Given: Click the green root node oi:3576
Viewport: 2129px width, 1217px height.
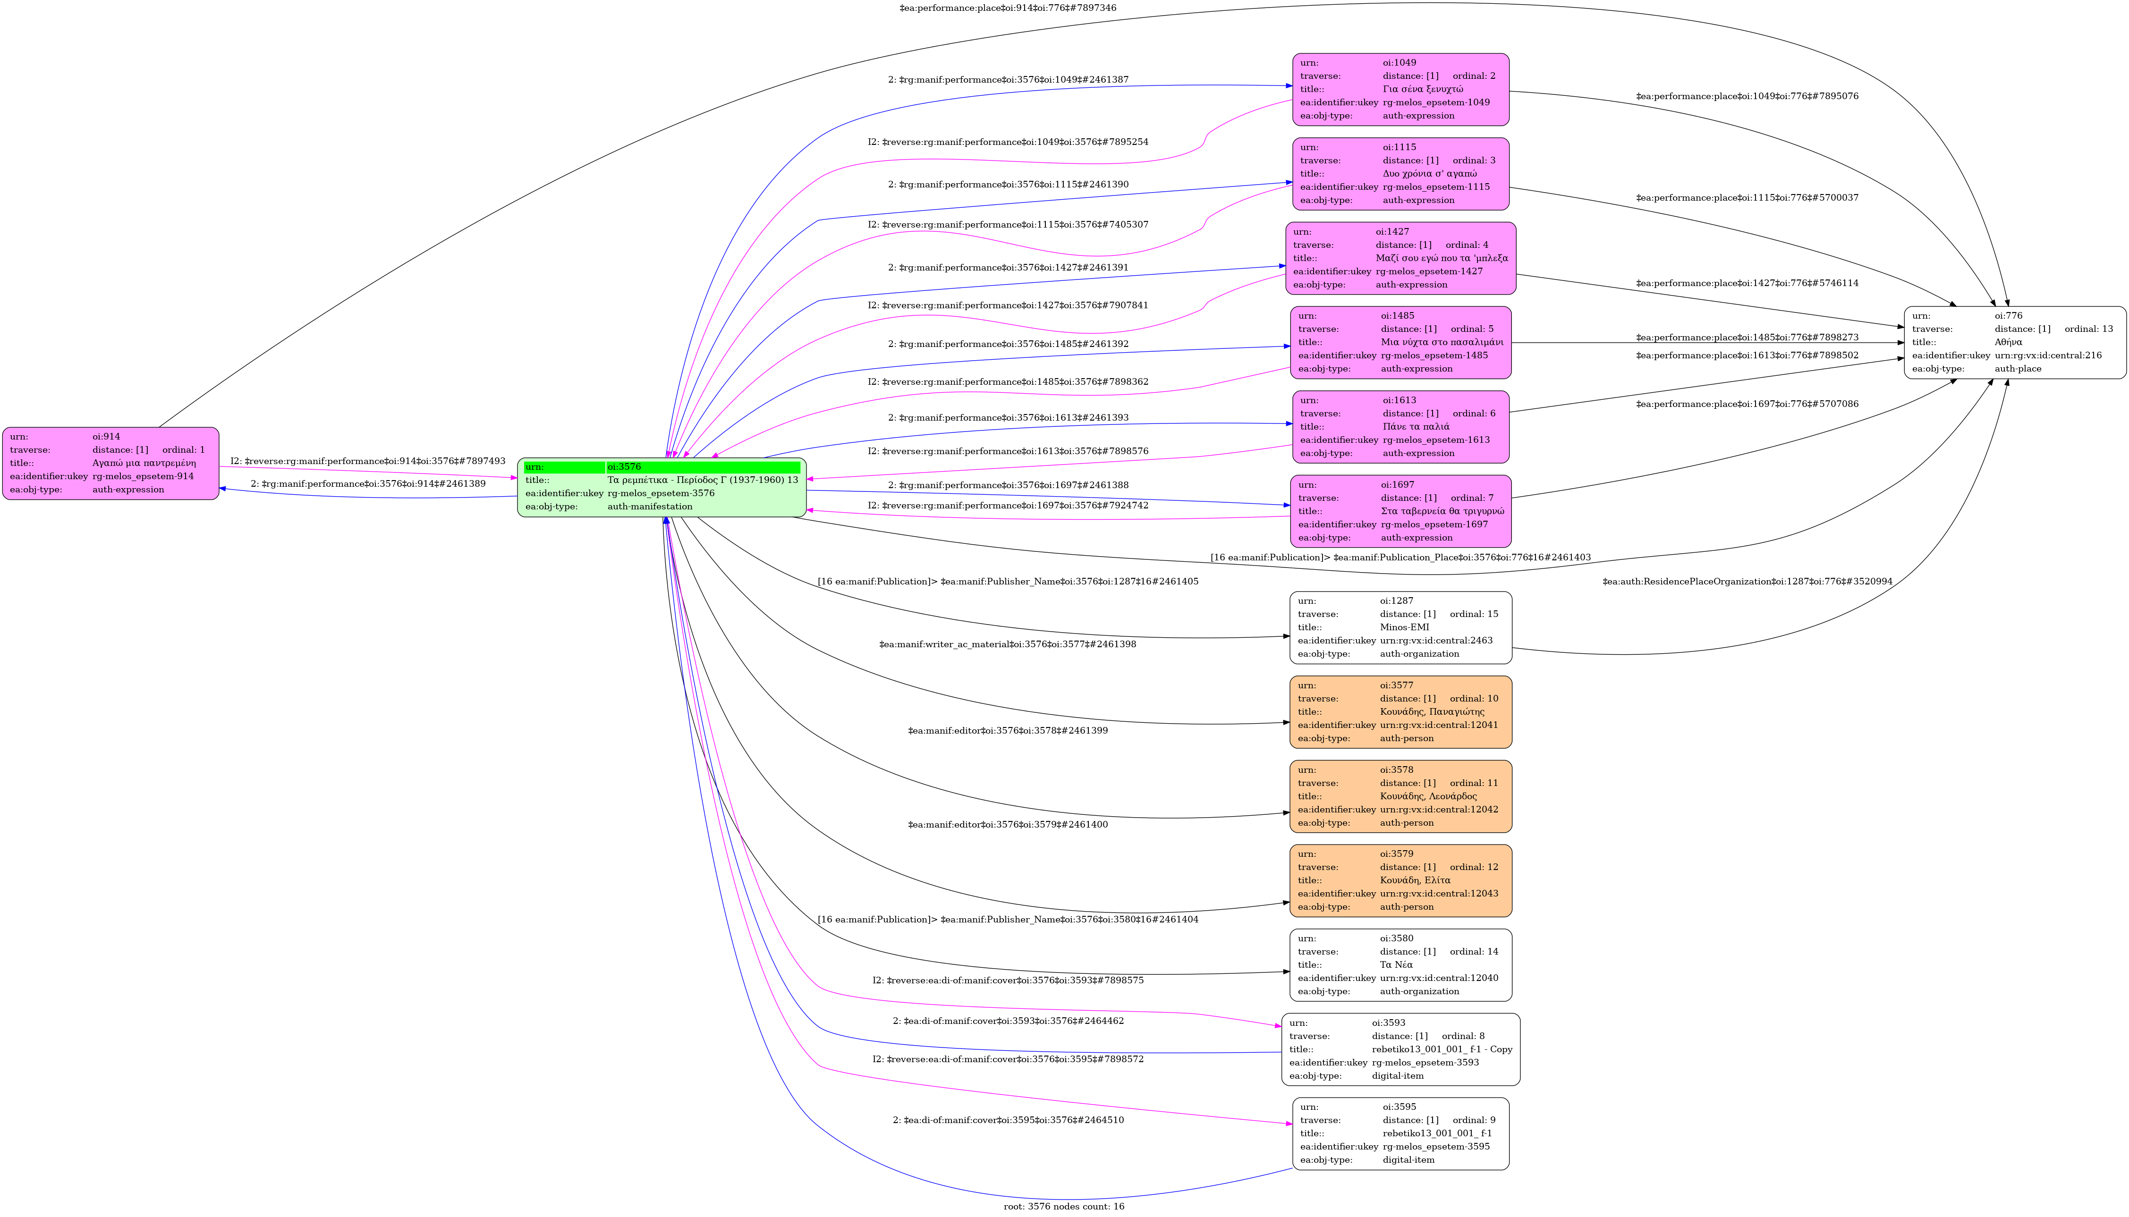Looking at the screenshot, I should (x=661, y=487).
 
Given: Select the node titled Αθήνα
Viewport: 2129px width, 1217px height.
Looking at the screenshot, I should (x=2014, y=343).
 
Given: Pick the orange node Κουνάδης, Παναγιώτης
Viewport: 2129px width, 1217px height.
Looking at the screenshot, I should (x=1400, y=712).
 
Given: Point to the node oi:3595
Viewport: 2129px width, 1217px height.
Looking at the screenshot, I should (x=1400, y=1133).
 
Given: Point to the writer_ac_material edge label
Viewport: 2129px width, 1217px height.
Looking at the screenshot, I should (x=1007, y=644).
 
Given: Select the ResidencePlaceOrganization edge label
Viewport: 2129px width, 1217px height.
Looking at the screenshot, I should (x=1747, y=582).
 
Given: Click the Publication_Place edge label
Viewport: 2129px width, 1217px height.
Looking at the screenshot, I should (x=1400, y=558).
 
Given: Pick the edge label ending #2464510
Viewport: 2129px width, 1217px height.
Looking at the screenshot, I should (x=1007, y=1120).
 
